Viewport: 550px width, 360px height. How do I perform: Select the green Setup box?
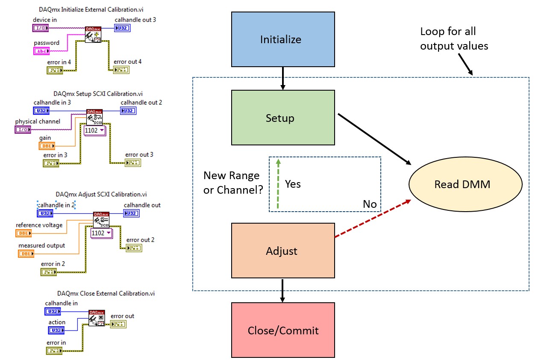pyautogui.click(x=282, y=118)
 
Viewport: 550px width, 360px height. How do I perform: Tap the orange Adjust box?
pyautogui.click(x=282, y=251)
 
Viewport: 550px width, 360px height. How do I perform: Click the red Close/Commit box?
pyautogui.click(x=282, y=330)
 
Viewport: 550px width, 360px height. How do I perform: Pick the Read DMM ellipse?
pyautogui.click(x=465, y=184)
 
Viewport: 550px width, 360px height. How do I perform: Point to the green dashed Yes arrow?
pyautogui.click(x=278, y=184)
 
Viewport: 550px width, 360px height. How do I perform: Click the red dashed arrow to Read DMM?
pyautogui.click(x=372, y=218)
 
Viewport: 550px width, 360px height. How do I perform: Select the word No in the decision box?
pyautogui.click(x=370, y=204)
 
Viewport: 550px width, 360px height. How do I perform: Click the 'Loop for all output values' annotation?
pyautogui.click(x=453, y=38)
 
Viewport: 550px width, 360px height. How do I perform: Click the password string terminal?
pyautogui.click(x=41, y=51)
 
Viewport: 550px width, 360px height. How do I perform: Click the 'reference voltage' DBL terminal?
pyautogui.click(x=24, y=233)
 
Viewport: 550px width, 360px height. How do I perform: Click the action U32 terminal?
pyautogui.click(x=56, y=330)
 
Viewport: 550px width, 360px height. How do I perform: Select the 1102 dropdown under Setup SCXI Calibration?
pyautogui.click(x=95, y=130)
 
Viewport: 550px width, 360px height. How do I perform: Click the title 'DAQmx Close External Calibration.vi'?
pyautogui.click(x=106, y=293)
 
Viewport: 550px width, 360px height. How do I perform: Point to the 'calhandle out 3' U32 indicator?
pyautogui.click(x=122, y=28)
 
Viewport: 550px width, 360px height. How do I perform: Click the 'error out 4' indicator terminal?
pyautogui.click(x=121, y=70)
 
